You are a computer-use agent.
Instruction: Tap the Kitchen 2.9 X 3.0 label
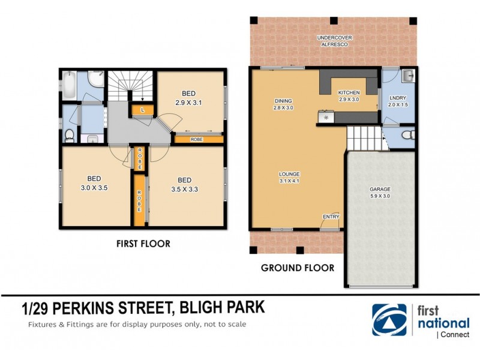click(348, 96)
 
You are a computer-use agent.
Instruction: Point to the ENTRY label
click(330, 217)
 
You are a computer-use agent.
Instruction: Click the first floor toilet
click(69, 134)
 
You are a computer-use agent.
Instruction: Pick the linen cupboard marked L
click(142, 110)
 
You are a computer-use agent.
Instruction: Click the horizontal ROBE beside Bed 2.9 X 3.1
click(197, 139)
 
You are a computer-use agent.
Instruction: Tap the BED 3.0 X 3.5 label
click(94, 182)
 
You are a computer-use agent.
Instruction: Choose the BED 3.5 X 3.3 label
click(184, 184)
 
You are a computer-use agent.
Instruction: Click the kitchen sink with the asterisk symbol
click(327, 118)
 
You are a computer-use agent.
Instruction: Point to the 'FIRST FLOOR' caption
click(143, 244)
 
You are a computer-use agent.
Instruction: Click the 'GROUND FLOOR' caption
click(297, 268)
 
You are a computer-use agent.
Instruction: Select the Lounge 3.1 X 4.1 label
click(289, 178)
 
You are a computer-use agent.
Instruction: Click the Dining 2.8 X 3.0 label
click(283, 104)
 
